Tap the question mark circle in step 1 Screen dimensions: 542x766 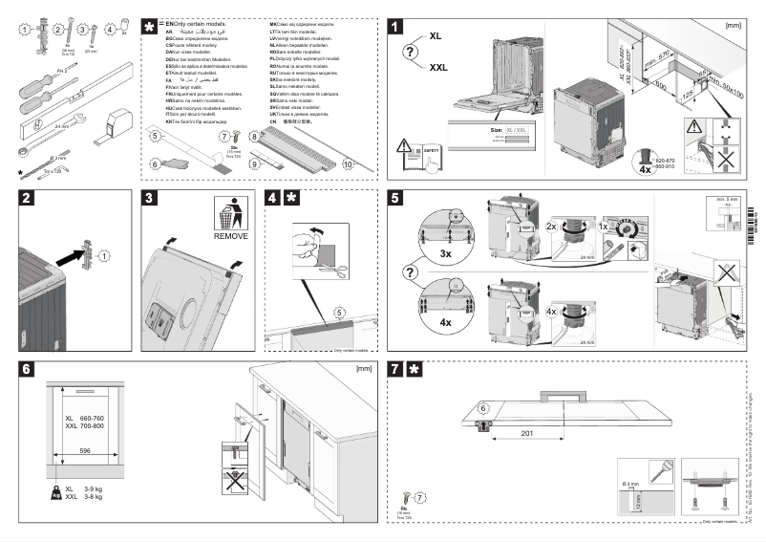point(413,53)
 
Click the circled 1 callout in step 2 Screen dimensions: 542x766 point(105,254)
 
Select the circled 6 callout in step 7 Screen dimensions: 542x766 point(483,406)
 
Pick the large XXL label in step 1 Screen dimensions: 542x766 point(438,67)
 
